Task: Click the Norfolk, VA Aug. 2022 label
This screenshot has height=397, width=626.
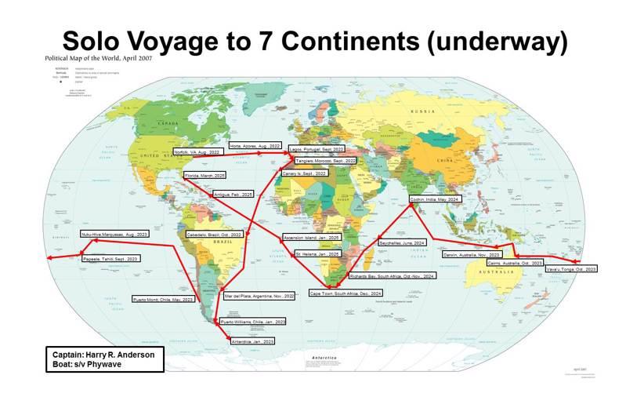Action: point(196,151)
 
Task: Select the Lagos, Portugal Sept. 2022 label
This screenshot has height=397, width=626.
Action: point(317,148)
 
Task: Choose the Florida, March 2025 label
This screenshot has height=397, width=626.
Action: point(204,175)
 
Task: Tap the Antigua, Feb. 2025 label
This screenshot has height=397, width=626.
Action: point(233,194)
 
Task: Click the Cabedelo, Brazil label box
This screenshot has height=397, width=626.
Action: point(214,235)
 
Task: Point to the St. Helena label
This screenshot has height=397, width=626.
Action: point(317,254)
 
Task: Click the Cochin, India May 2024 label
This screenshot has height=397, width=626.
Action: point(434,200)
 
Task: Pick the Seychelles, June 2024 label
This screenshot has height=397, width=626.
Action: point(402,243)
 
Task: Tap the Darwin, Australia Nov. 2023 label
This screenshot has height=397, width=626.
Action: point(471,255)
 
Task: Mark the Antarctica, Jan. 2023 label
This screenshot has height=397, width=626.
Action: point(253,342)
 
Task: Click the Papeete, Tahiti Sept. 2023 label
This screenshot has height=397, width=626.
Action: point(110,258)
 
